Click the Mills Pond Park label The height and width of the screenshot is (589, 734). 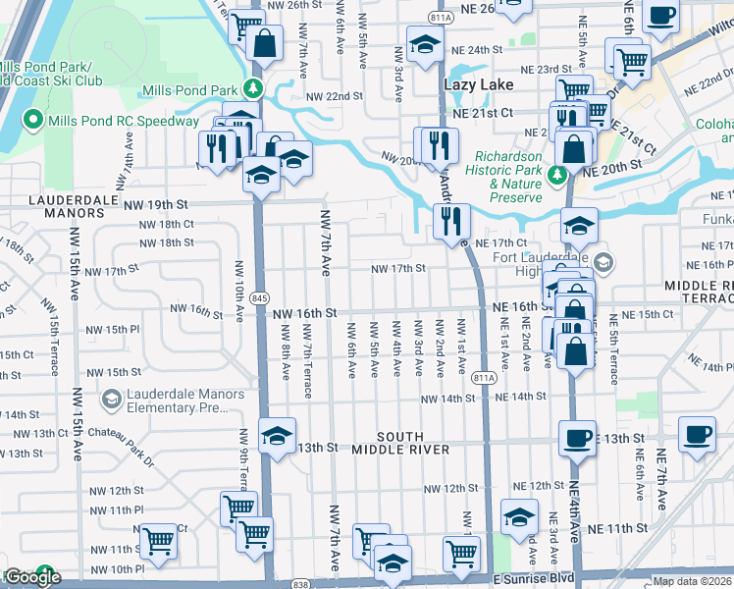click(x=189, y=90)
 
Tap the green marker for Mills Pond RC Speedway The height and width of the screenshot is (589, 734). click(x=31, y=121)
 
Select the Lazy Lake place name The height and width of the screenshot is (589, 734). click(x=478, y=85)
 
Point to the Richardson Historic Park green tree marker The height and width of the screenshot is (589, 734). click(x=557, y=176)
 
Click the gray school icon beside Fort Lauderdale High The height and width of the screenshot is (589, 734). click(x=603, y=261)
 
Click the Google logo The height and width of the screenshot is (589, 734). click(x=31, y=578)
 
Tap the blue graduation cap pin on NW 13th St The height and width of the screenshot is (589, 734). click(x=277, y=436)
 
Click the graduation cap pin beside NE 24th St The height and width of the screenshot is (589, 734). click(x=424, y=44)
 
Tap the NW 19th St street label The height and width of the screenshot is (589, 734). click(x=155, y=204)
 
